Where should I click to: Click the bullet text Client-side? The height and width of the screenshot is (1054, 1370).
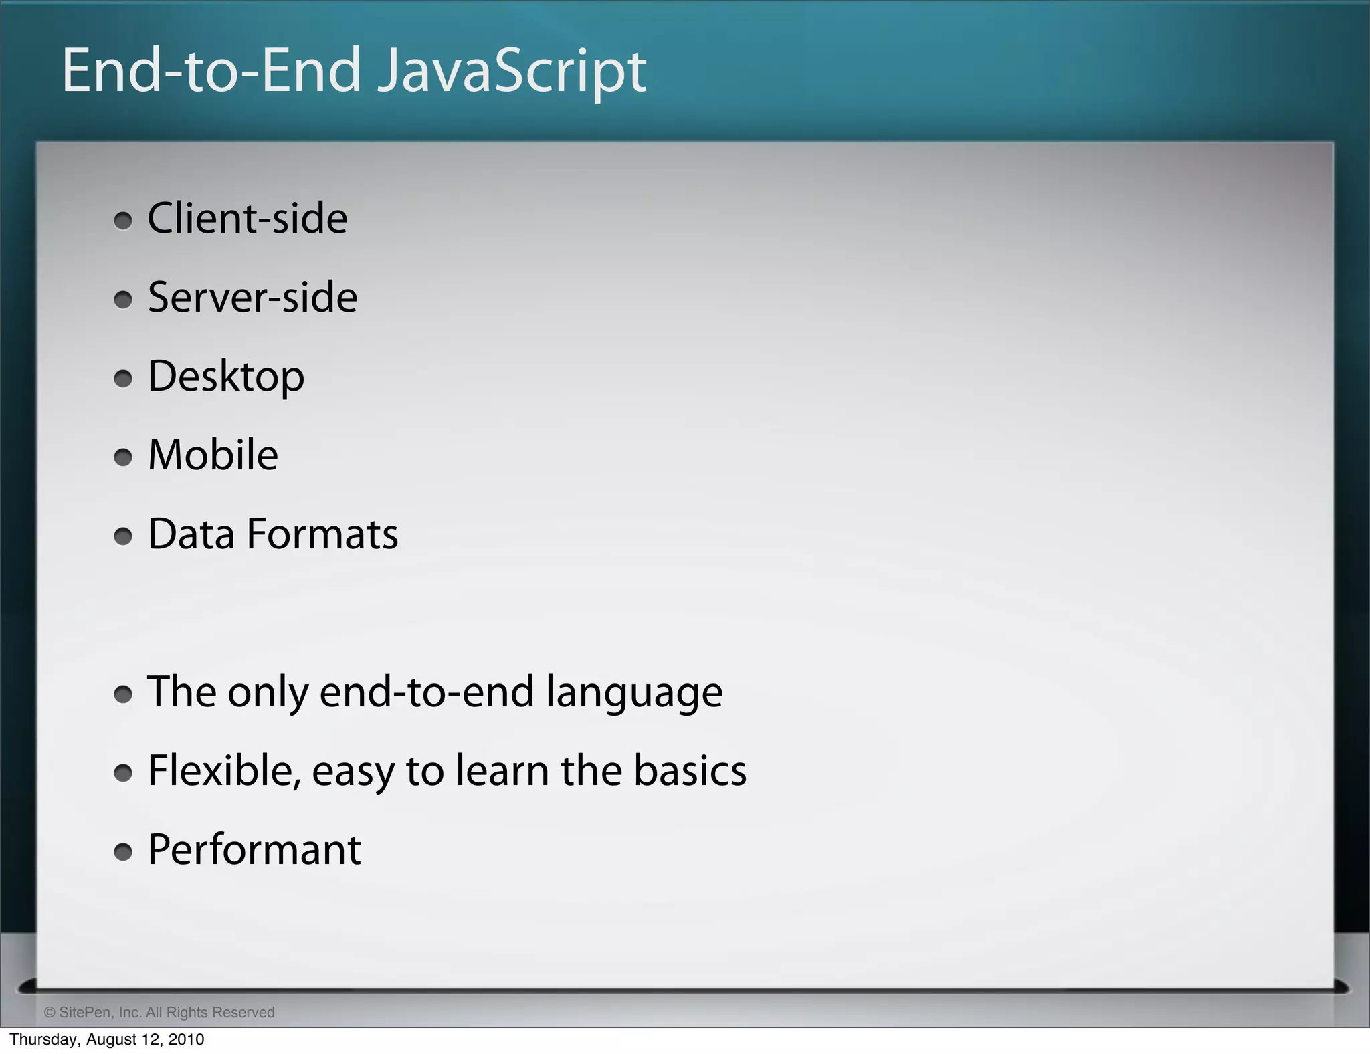[248, 219]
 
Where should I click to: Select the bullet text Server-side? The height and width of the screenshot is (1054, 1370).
[252, 298]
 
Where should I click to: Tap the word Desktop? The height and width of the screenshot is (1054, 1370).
[226, 377]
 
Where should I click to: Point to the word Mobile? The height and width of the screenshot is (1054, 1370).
[213, 455]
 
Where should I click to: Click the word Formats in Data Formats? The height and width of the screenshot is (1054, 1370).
[322, 534]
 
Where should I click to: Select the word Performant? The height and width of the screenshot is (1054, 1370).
[254, 850]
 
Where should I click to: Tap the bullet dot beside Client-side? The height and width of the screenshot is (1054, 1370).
[123, 221]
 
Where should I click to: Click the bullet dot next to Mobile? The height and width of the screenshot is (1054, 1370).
[123, 457]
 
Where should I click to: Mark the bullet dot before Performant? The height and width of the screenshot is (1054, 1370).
[123, 852]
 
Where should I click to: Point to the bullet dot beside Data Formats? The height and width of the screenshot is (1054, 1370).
[123, 536]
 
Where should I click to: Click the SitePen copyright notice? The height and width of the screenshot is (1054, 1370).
[159, 1013]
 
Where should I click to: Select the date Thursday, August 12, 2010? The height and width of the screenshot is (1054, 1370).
[107, 1039]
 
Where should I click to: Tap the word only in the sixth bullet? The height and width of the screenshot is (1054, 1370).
[268, 692]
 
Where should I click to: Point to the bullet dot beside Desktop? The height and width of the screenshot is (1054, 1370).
[123, 379]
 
